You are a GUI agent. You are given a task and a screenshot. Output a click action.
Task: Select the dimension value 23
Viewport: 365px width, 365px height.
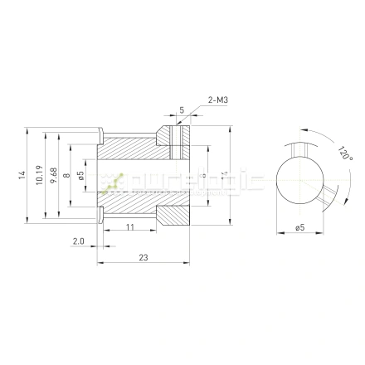coord(143,258)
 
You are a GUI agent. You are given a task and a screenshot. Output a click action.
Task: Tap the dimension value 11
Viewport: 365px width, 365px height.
coord(129,226)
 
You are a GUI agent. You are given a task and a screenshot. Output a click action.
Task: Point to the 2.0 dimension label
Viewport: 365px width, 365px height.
coord(78,241)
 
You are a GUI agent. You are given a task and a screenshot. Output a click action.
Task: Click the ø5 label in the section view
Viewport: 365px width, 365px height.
coord(80,174)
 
